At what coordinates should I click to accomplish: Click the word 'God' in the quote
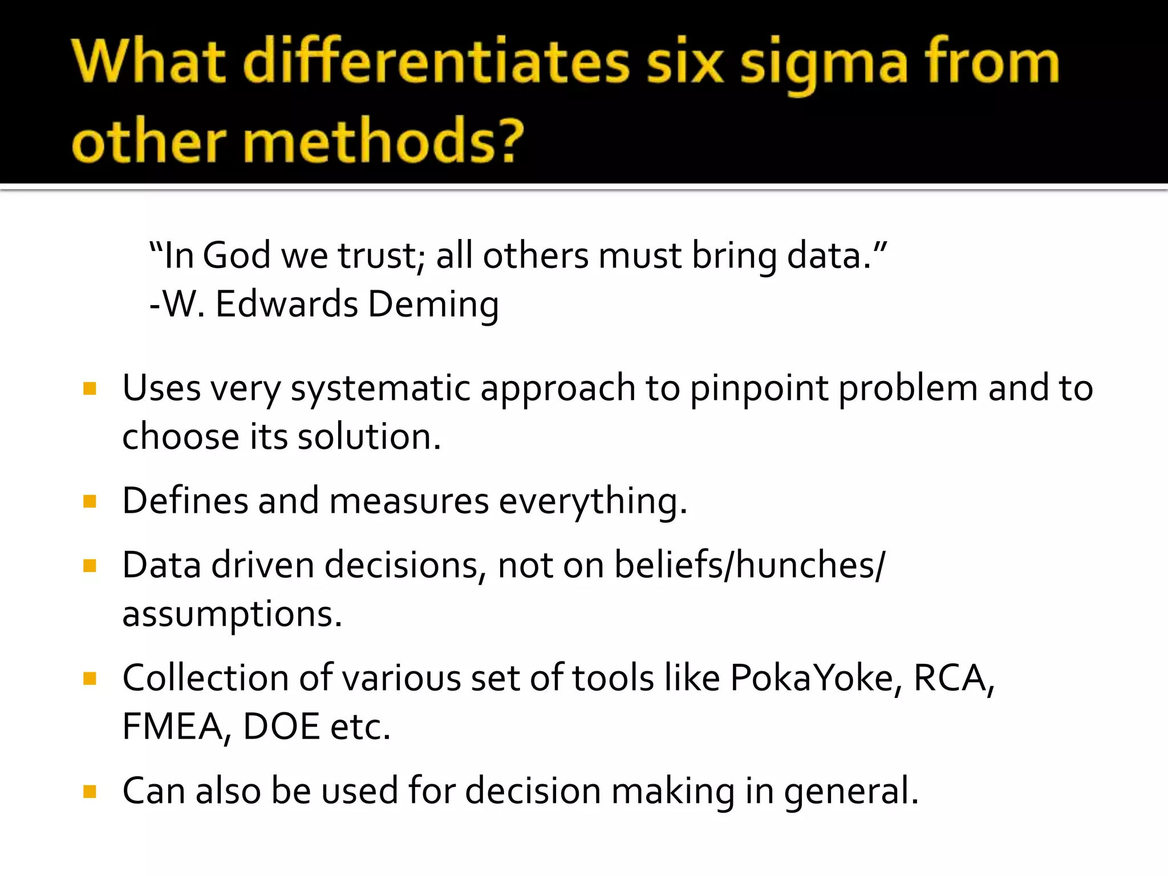[x=237, y=255]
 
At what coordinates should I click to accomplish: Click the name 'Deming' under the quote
[x=433, y=305]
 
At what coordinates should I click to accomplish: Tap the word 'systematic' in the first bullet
[x=381, y=389]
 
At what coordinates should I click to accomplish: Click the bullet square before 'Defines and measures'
[x=90, y=501]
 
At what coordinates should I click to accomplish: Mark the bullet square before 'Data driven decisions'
[x=90, y=566]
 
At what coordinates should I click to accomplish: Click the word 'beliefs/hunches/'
[x=749, y=566]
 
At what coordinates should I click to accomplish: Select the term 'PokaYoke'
[x=812, y=679]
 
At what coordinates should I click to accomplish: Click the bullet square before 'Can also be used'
[x=90, y=792]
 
